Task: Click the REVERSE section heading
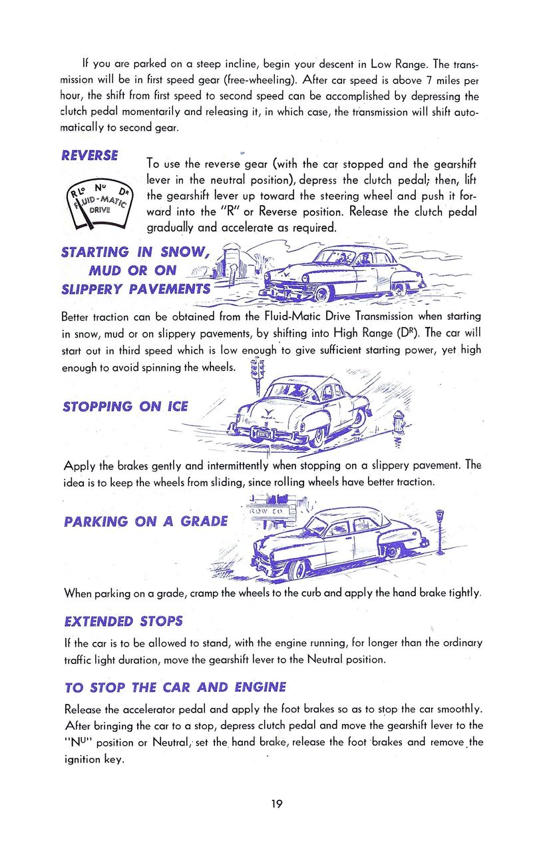[x=90, y=155]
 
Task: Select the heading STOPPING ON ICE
[x=125, y=406]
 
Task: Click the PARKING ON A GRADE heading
[x=146, y=521]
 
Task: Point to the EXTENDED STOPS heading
[x=123, y=621]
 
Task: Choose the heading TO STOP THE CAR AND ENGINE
[x=175, y=687]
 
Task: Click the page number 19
[x=277, y=803]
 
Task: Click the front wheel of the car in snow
[x=322, y=292]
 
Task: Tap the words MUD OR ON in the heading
[x=132, y=270]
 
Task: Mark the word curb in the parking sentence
[x=310, y=592]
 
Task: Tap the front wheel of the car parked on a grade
[x=297, y=569]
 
